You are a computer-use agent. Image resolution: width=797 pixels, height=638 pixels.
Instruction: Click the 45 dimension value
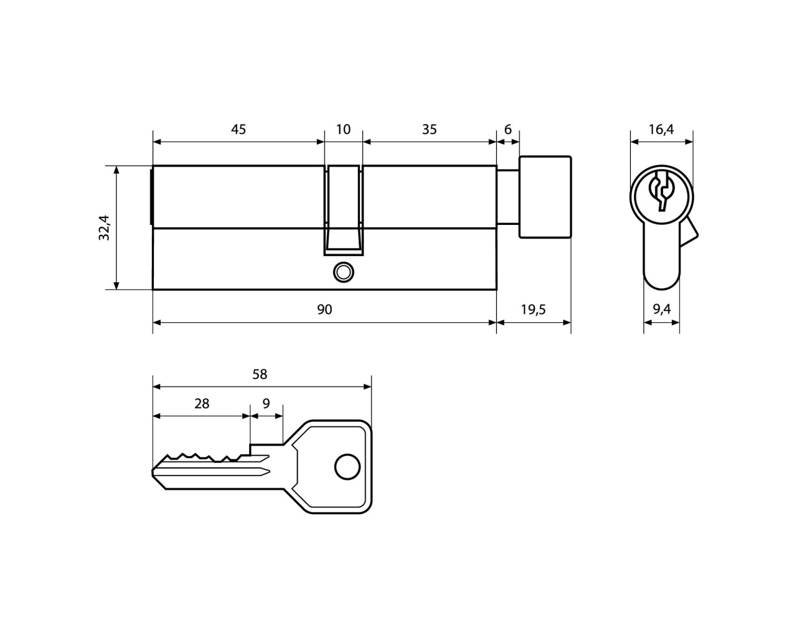238,130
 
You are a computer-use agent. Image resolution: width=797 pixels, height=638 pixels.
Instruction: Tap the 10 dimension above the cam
343,130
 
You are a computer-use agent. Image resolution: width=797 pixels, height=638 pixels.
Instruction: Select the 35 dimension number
429,130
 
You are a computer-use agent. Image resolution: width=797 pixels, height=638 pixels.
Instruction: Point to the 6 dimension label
507,130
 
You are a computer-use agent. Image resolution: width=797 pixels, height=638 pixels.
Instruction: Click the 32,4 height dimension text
105,227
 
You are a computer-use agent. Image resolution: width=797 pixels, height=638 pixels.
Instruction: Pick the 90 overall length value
324,310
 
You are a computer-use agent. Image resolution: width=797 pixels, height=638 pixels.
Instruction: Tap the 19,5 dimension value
534,310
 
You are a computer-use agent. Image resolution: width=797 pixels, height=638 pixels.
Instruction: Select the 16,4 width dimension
661,130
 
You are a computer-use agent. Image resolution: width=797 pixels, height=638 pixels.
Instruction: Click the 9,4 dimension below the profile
661,309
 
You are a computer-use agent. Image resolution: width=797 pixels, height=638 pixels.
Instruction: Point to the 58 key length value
260,374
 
